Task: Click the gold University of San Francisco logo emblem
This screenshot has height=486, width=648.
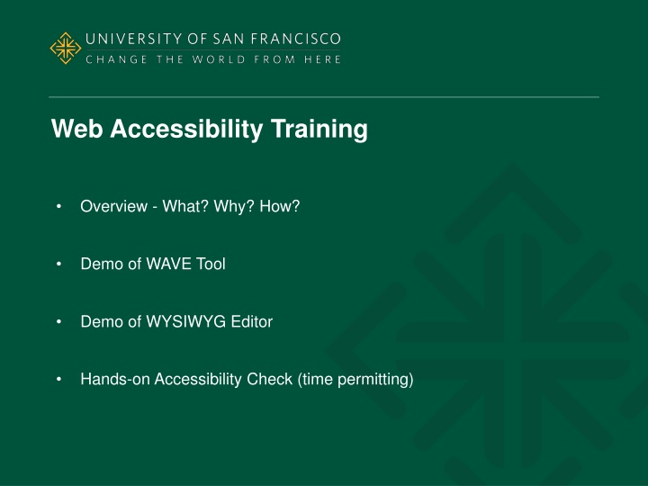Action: [x=66, y=49]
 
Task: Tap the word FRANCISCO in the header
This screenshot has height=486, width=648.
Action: [x=296, y=39]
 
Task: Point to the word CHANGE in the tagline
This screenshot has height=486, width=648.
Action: [x=116, y=59]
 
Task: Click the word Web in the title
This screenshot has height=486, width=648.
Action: [x=76, y=129]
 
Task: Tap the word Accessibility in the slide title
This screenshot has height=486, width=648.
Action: [x=186, y=130]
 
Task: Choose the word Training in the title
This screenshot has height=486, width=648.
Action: [x=319, y=130]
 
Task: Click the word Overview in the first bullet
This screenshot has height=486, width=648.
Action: [x=114, y=206]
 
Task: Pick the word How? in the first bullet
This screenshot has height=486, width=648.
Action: [x=279, y=206]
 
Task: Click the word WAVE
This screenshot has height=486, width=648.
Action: [x=168, y=264]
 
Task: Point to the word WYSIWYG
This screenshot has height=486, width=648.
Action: [x=186, y=321]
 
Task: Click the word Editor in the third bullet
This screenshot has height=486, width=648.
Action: [x=252, y=321]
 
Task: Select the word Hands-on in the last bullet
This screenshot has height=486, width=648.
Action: [x=115, y=379]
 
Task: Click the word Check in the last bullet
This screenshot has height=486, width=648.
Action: [x=269, y=379]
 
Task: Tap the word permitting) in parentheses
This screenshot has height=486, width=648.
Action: [x=375, y=380]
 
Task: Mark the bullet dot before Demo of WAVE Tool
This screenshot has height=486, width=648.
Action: [x=58, y=264]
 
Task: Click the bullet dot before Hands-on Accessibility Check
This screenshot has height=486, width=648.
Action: [x=58, y=379]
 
